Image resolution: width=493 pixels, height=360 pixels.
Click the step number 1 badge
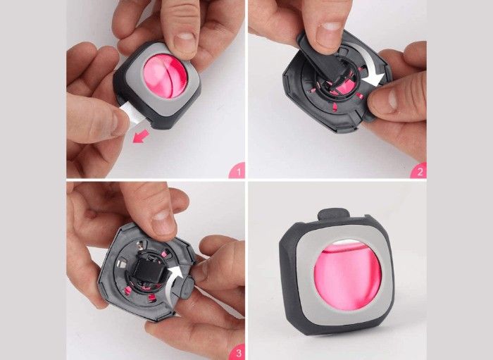[x=238, y=170]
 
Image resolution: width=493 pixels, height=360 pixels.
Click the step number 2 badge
[x=420, y=170]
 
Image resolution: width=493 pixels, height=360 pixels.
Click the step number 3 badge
[x=238, y=352]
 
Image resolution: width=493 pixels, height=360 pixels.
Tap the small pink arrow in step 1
[x=141, y=137]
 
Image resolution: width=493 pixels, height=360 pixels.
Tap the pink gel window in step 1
[x=165, y=76]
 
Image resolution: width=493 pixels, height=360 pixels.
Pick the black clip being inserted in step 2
[x=324, y=61]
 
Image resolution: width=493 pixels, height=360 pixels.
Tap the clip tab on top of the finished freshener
[x=334, y=215]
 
